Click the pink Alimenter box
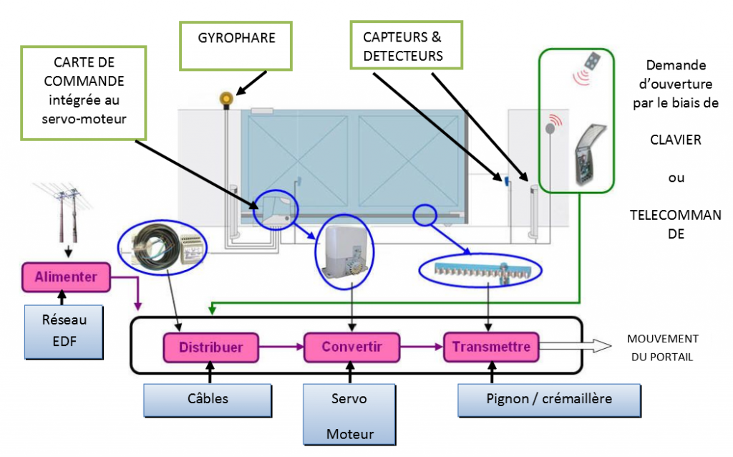point(65,276)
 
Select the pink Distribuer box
point(210,348)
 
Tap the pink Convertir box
point(351,347)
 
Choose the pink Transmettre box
point(491,347)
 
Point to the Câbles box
point(208,399)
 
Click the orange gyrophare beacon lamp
point(226,98)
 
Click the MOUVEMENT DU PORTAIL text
point(662,347)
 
